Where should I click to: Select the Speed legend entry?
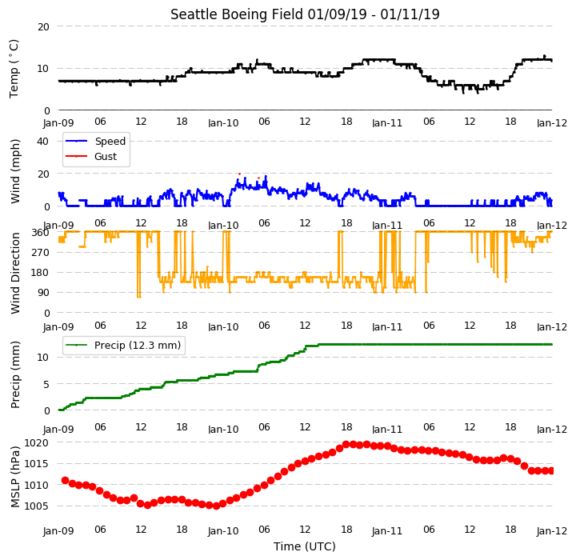95,141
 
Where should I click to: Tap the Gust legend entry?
91,157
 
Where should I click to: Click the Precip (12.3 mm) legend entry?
123,346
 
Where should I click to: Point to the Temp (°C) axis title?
14,69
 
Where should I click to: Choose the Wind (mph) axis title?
15,171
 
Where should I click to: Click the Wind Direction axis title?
15,273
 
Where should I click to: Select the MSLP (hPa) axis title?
15,477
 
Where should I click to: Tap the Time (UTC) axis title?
305,546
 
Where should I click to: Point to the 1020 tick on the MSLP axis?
36,442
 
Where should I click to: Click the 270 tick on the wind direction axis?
41,253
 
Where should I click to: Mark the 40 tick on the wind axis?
42,141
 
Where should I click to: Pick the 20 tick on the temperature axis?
43,27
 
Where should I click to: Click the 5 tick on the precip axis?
46,384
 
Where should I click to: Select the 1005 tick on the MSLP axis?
36,506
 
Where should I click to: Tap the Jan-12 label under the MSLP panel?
552,531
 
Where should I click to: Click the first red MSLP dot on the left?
65,480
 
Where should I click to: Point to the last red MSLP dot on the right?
551,470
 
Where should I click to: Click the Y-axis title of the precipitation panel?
15,375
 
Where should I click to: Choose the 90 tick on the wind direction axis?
43,293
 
